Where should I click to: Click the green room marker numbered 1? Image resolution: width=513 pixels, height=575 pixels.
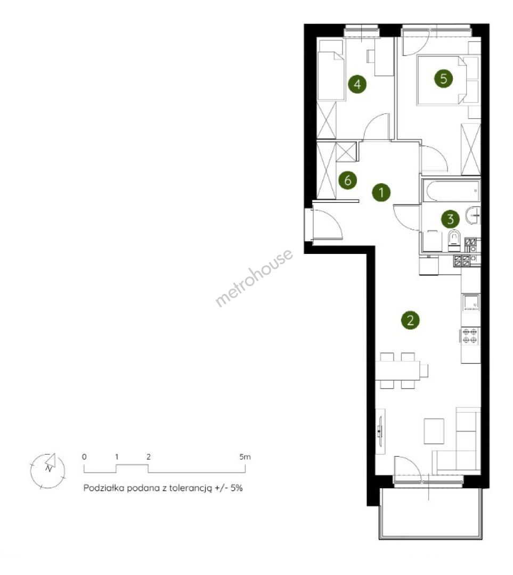coord(381,193)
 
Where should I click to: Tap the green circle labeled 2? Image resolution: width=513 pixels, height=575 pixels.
coord(410,321)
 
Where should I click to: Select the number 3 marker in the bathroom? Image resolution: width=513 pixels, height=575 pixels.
coord(450,219)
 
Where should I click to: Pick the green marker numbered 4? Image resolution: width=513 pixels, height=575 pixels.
coord(357,84)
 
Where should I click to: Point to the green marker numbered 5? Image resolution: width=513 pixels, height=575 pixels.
coord(443,78)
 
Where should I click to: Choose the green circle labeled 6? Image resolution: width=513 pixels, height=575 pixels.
coord(347,180)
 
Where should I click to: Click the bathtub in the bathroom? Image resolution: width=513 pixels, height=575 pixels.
coord(451,191)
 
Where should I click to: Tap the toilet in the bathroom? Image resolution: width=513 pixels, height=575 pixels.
coord(454,241)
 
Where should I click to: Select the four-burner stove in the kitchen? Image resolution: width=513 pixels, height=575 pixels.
coord(470,336)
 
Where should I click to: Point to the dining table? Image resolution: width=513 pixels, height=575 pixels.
coord(397,371)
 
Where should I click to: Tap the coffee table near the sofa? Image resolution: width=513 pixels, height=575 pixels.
coord(434,431)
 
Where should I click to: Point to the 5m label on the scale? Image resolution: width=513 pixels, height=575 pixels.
coord(245,457)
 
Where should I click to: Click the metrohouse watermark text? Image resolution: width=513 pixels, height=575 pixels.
coord(254,278)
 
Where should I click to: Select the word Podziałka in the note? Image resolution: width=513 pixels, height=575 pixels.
coord(103,488)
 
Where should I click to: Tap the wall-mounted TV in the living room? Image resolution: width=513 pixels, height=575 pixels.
coord(380,431)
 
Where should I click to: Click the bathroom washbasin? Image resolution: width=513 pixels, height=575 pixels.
coord(473,215)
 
